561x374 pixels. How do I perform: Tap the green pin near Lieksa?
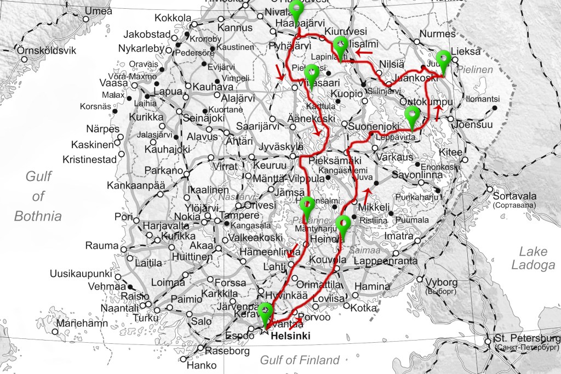pyautogui.click(x=443, y=58)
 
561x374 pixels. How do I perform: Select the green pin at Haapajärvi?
pyautogui.click(x=296, y=9)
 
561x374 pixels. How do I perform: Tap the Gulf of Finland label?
pyautogui.click(x=300, y=360)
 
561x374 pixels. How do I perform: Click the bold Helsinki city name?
pyautogui.click(x=290, y=335)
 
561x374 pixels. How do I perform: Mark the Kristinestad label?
pyautogui.click(x=90, y=160)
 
